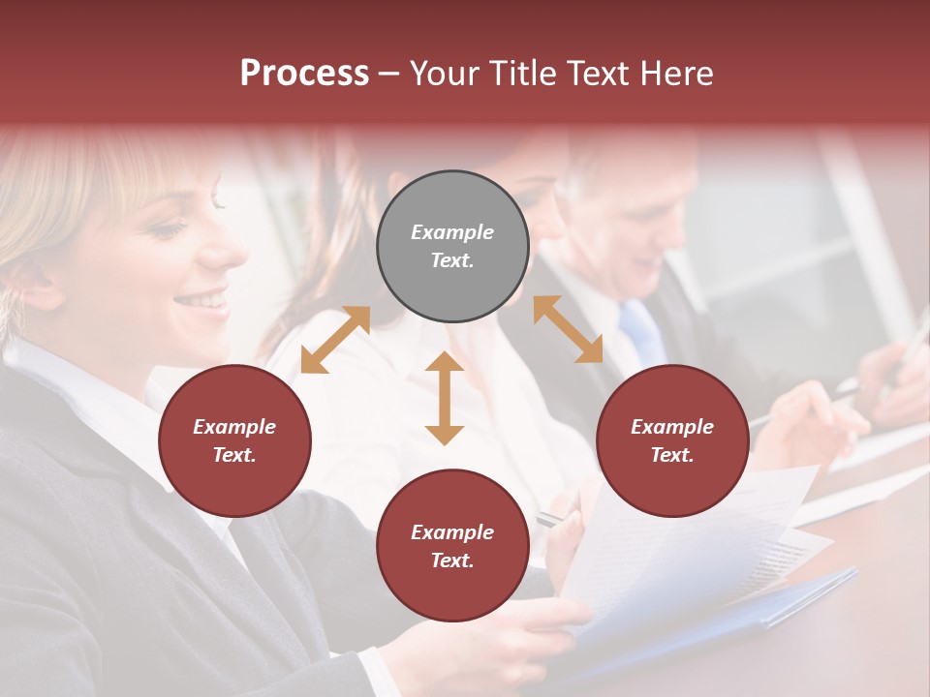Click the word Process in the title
pyautogui.click(x=304, y=74)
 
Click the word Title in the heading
pyautogui.click(x=522, y=74)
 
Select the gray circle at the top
pyautogui.click(x=452, y=246)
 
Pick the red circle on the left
pyautogui.click(x=234, y=440)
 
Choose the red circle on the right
pyautogui.click(x=672, y=440)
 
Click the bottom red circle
pyautogui.click(x=452, y=545)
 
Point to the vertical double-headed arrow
pyautogui.click(x=445, y=398)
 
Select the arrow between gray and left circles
pyautogui.click(x=335, y=340)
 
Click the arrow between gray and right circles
pyautogui.click(x=568, y=329)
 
